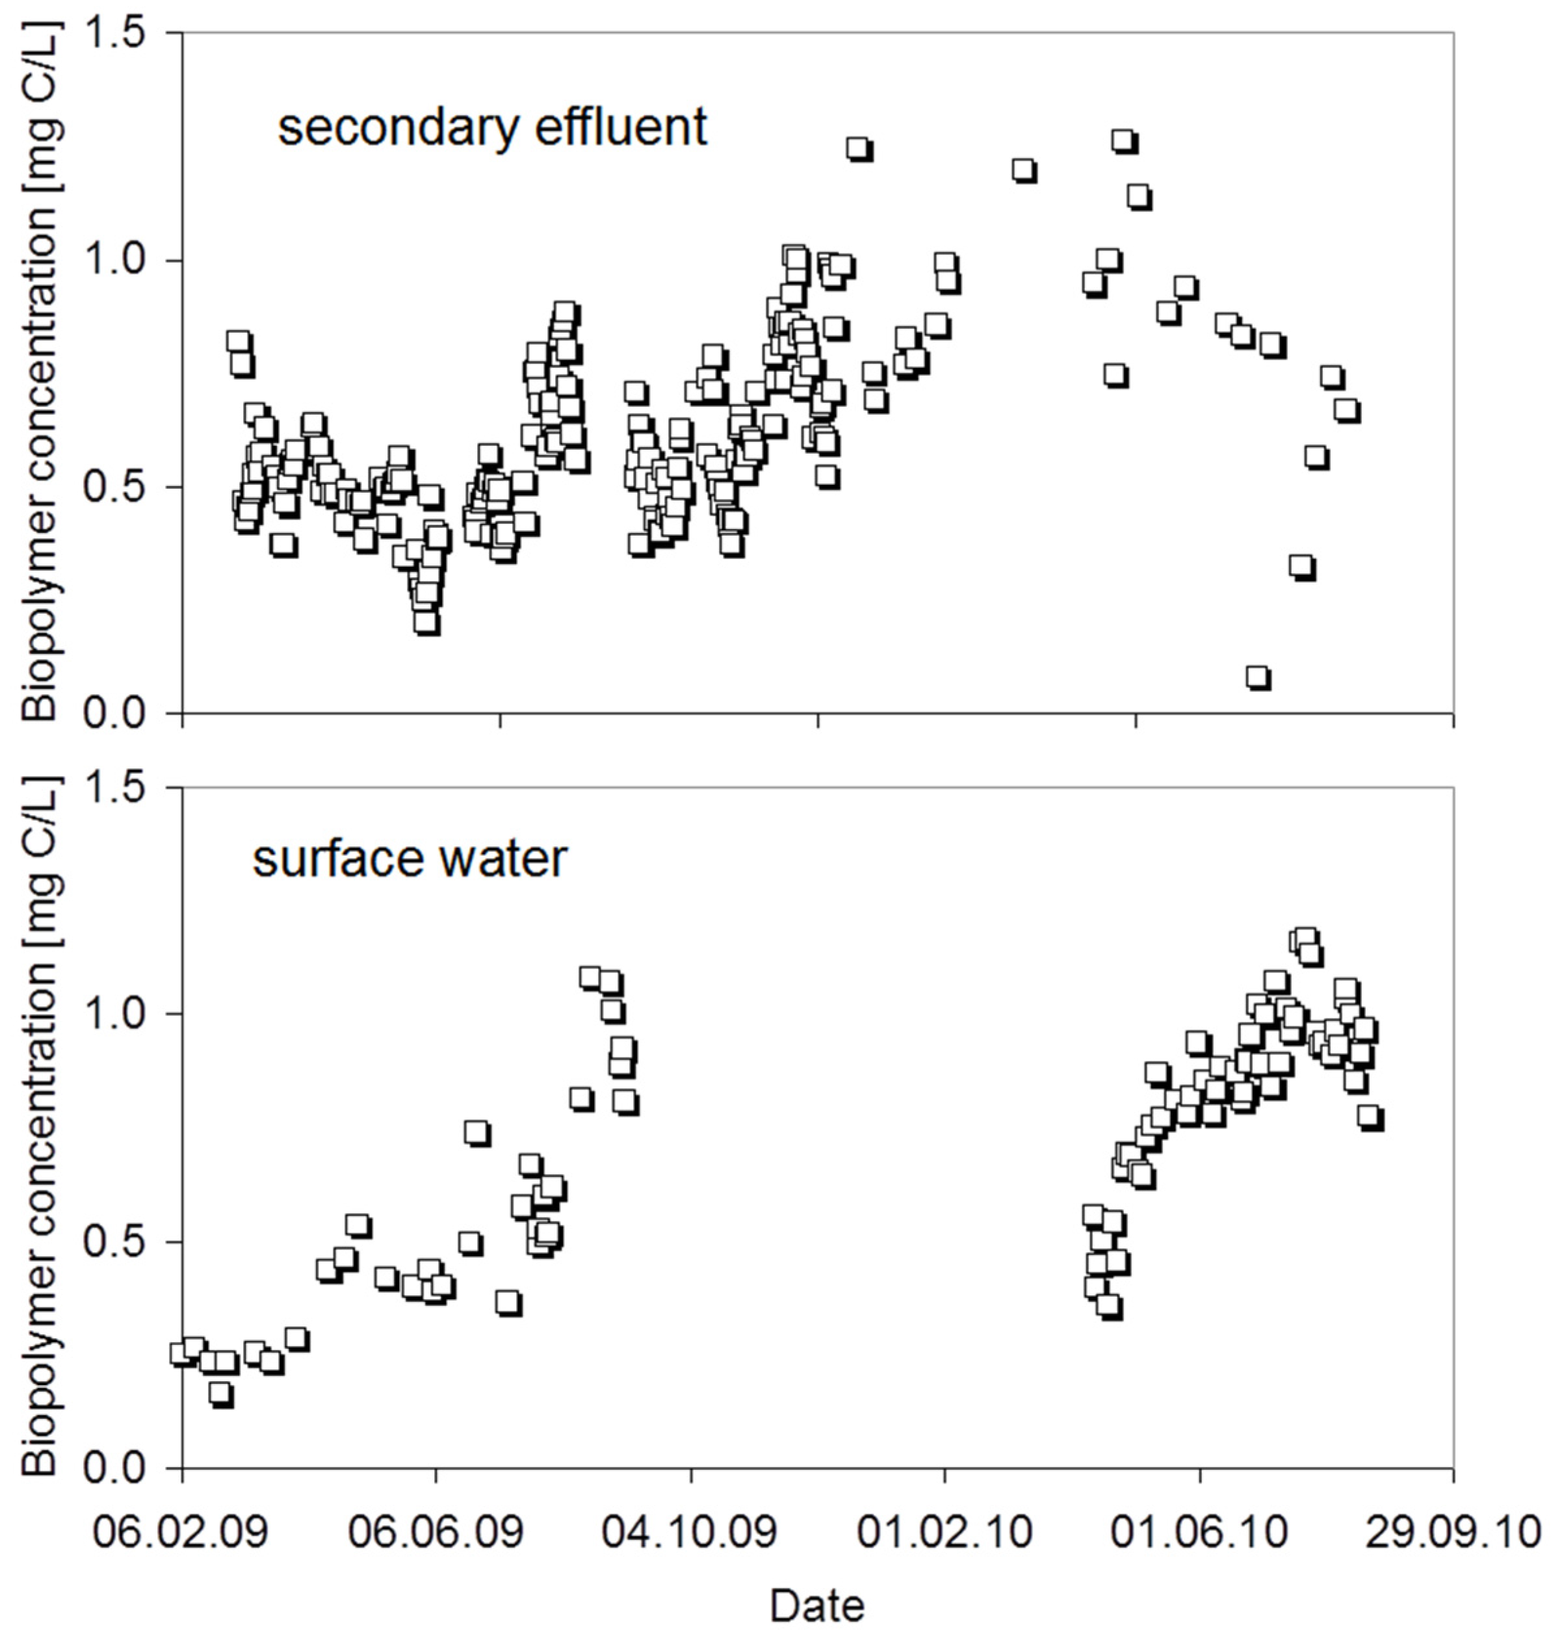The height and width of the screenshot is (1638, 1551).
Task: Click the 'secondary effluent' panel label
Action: (492, 128)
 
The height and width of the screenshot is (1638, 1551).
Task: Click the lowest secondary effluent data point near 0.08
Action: (1257, 677)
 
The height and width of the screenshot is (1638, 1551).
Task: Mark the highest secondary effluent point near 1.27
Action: (1123, 140)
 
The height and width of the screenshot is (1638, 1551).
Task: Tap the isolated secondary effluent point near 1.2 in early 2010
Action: (1024, 170)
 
